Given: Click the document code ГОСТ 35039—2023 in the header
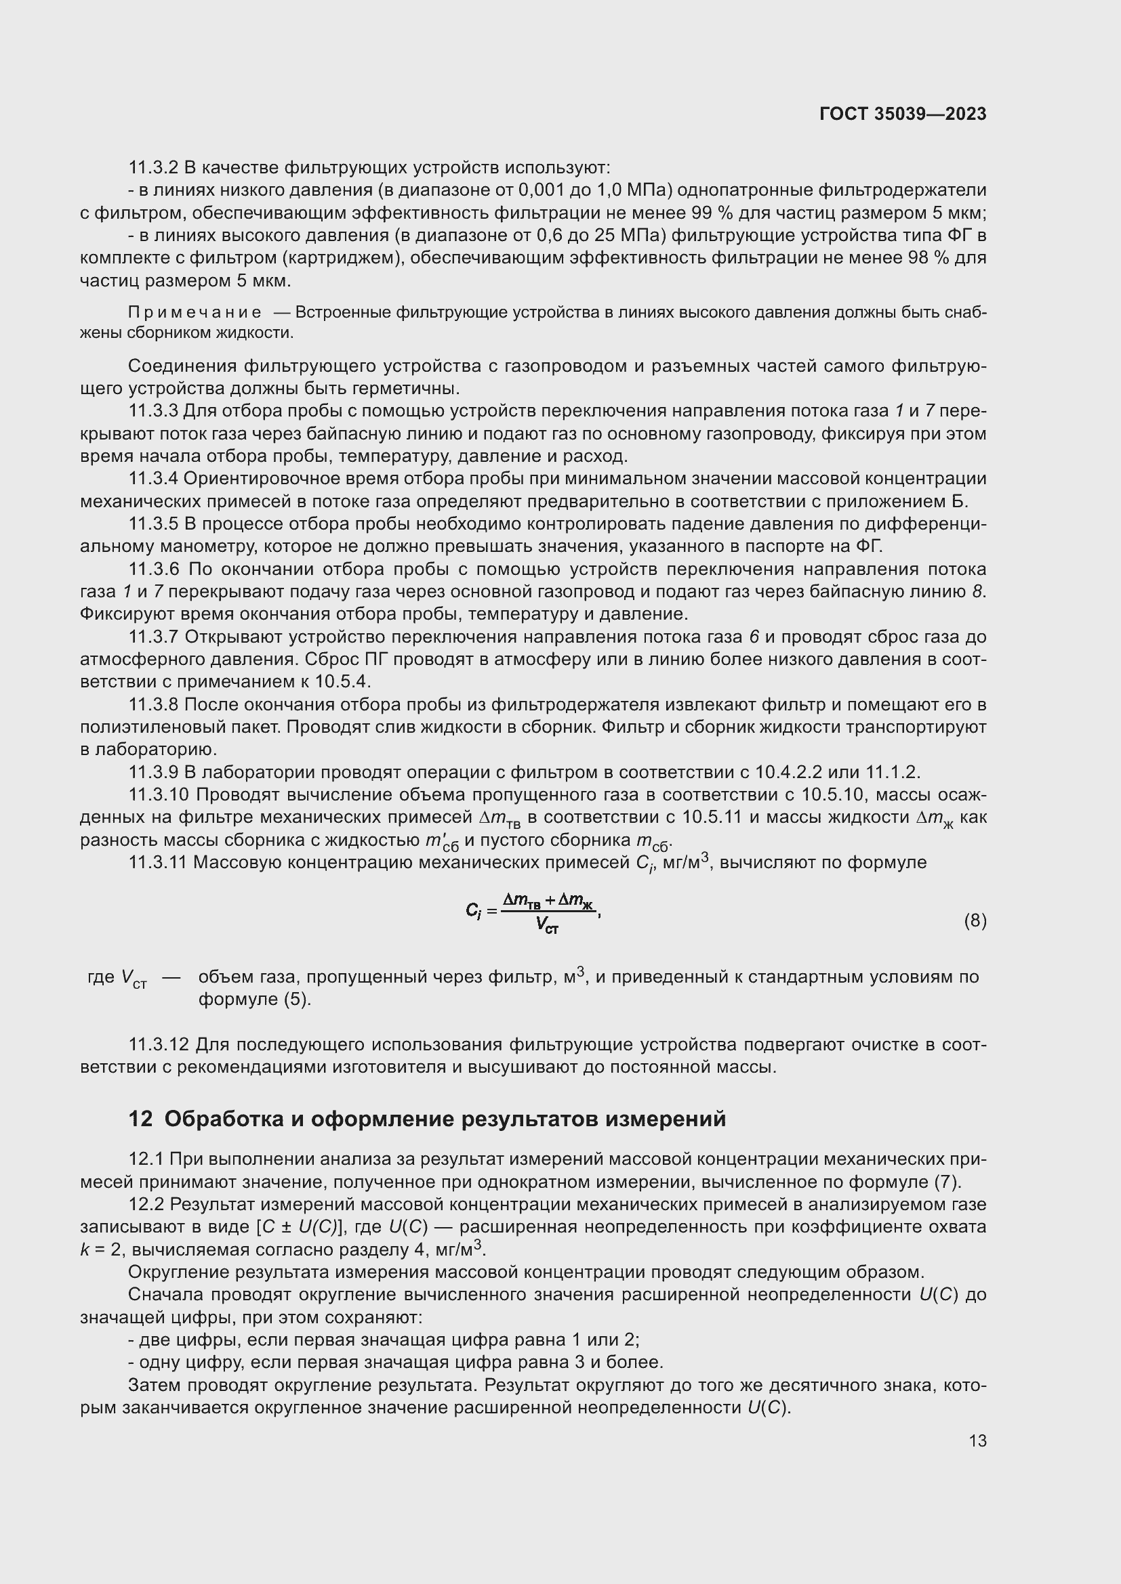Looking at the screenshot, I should click(x=902, y=114).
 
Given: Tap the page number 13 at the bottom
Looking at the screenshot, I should click(x=977, y=1440).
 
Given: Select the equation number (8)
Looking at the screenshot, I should click(x=975, y=920).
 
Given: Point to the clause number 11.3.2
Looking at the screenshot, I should click(x=153, y=168).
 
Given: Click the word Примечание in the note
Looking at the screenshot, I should click(x=195, y=312).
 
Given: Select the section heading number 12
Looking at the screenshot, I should click(x=140, y=1119).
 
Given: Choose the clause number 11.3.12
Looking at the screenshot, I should click(x=158, y=1044).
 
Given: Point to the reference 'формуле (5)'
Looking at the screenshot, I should click(x=254, y=999).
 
